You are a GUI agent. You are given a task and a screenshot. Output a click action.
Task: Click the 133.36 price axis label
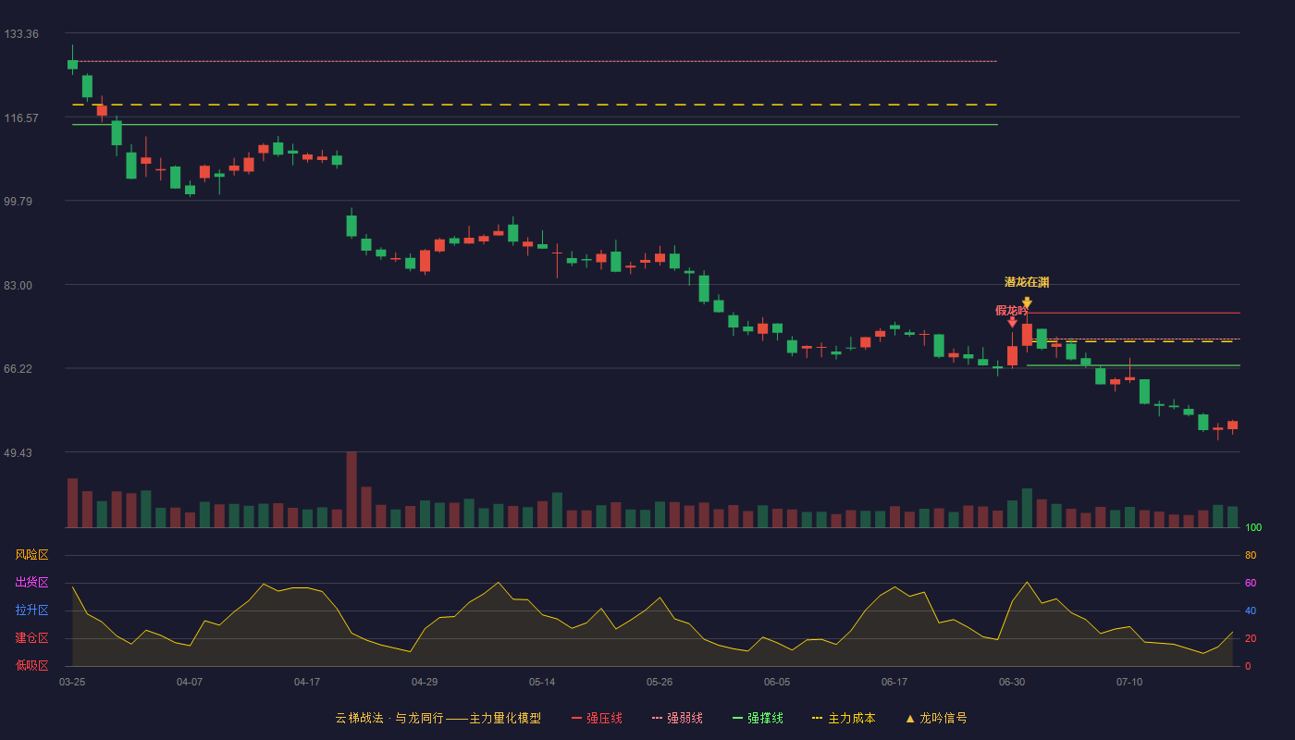21,34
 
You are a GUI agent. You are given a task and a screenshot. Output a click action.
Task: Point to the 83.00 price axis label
18,286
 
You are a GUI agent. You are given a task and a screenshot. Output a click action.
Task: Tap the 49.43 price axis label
18,452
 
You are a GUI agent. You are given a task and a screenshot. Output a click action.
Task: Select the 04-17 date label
307,683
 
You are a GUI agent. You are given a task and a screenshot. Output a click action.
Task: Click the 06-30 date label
1012,683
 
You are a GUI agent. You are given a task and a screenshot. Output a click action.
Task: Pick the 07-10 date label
1129,683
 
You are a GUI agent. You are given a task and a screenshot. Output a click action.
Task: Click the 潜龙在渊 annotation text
1027,282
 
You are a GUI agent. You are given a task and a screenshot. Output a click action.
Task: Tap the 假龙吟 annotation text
1011,311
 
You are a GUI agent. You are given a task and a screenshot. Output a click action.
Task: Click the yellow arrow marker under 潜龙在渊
1027,303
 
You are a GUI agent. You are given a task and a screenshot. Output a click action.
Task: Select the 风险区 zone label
31,555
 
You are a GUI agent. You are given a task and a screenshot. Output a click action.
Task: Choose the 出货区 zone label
31,582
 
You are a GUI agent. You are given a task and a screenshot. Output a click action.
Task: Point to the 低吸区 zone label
31,665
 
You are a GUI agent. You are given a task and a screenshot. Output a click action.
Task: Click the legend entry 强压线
597,718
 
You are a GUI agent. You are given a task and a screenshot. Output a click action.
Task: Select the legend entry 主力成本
844,718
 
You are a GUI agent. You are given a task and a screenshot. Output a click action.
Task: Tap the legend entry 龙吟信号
936,718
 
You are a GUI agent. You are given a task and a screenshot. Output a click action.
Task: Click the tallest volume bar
351,489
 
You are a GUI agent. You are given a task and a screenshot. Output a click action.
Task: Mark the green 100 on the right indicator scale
1253,527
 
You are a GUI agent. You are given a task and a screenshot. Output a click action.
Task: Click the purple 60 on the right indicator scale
1251,583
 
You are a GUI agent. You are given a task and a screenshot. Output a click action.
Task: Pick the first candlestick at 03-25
72,64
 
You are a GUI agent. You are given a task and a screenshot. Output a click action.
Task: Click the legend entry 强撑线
758,718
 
